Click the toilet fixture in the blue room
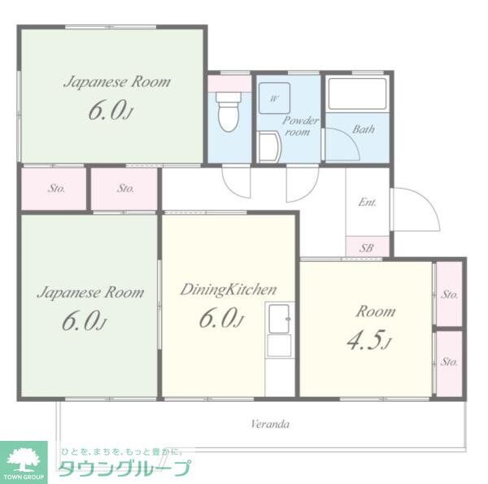pyautogui.click(x=229, y=115)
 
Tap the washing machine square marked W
pyautogui.click(x=274, y=98)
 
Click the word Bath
pyautogui.click(x=364, y=129)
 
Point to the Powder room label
pyautogui.click(x=299, y=126)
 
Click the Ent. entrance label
pyautogui.click(x=367, y=202)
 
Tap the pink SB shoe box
pyautogui.click(x=366, y=246)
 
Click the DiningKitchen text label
pyautogui.click(x=229, y=289)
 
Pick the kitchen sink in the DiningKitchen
pyautogui.click(x=280, y=317)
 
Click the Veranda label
pyautogui.click(x=270, y=424)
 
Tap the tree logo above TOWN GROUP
pyautogui.click(x=24, y=456)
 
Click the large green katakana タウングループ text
pyautogui.click(x=124, y=469)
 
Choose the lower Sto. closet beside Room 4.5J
pyautogui.click(x=449, y=360)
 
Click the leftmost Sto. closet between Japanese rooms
pyautogui.click(x=55, y=189)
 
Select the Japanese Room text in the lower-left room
pyautogui.click(x=91, y=292)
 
